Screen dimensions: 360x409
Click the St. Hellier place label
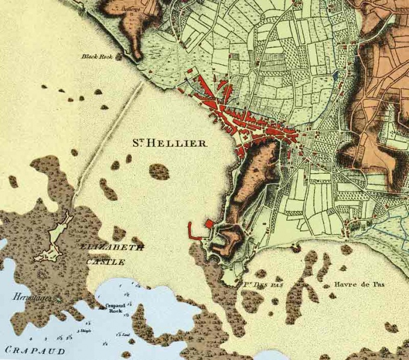tap(170, 143)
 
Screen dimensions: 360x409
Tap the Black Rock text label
tap(97, 57)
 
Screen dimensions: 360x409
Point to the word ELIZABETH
tap(111, 246)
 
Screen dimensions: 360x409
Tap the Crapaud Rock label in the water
tap(115, 307)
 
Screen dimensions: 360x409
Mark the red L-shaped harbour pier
tap(192, 232)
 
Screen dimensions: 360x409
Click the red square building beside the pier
tap(210, 225)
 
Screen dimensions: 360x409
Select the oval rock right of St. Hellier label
tap(159, 172)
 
